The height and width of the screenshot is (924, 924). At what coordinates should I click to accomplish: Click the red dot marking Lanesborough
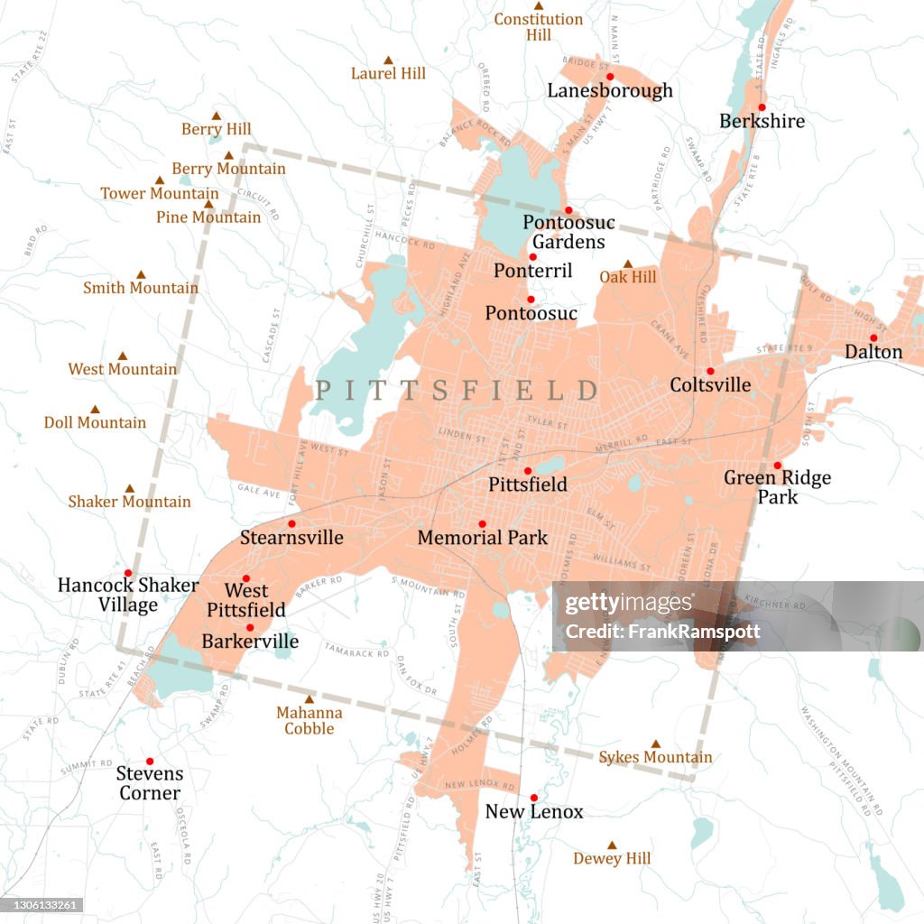[x=610, y=77]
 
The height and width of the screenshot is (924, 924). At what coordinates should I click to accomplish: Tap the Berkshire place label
[x=762, y=121]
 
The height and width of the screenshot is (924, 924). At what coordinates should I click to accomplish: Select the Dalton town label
[x=873, y=352]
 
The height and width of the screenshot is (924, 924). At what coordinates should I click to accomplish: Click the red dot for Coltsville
[x=710, y=371]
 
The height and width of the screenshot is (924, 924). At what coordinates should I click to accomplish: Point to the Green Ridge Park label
[x=777, y=486]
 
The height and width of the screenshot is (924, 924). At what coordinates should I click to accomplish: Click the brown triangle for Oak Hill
[x=628, y=264]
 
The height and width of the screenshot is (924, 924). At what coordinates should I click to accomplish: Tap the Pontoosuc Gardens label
[x=568, y=232]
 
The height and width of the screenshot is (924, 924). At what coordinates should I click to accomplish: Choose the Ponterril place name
[x=532, y=271]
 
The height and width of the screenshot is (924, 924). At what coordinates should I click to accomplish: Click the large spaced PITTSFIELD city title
[x=456, y=391]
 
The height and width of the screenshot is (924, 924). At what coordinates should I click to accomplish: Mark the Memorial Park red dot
[x=482, y=524]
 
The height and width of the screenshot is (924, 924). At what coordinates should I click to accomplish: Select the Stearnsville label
[x=291, y=538]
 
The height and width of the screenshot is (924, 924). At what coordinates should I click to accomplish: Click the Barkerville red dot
[x=250, y=627]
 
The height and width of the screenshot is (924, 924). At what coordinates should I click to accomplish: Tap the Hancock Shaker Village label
[x=128, y=595]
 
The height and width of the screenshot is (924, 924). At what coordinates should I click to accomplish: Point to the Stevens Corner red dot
[x=150, y=761]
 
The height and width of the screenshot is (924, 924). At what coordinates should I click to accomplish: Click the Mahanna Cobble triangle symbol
[x=309, y=699]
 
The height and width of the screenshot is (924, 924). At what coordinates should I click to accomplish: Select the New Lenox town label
[x=533, y=812]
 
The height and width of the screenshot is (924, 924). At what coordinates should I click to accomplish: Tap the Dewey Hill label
[x=612, y=859]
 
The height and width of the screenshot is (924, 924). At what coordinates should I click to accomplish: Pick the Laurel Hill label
[x=388, y=73]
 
